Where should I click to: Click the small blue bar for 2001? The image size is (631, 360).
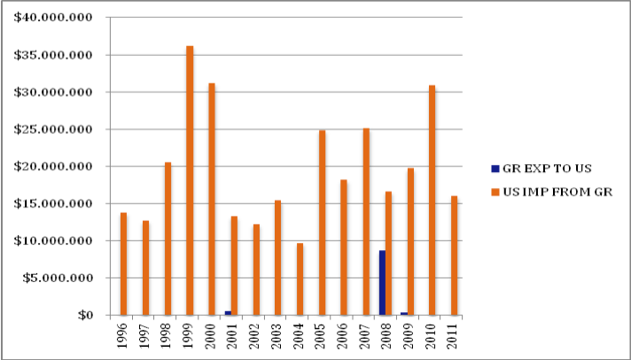pos(228,312)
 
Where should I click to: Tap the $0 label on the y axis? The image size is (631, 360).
pos(84,315)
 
